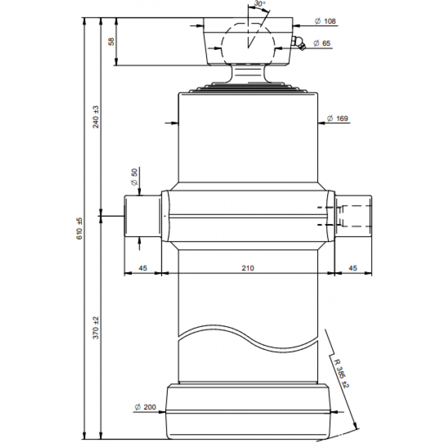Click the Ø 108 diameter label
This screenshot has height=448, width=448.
coord(325,21)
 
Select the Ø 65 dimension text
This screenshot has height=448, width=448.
coord(322,43)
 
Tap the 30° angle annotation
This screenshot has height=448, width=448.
coord(260,3)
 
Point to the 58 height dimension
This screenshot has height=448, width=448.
coord(112,41)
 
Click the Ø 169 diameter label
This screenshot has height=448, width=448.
coord(337,118)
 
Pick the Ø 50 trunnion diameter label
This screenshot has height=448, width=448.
coord(134,177)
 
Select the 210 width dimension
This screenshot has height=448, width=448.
coord(248,268)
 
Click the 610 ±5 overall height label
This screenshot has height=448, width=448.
coord(80,228)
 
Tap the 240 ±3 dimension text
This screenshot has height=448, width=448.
coord(96,117)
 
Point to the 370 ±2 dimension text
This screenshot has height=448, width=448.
coord(96,328)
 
